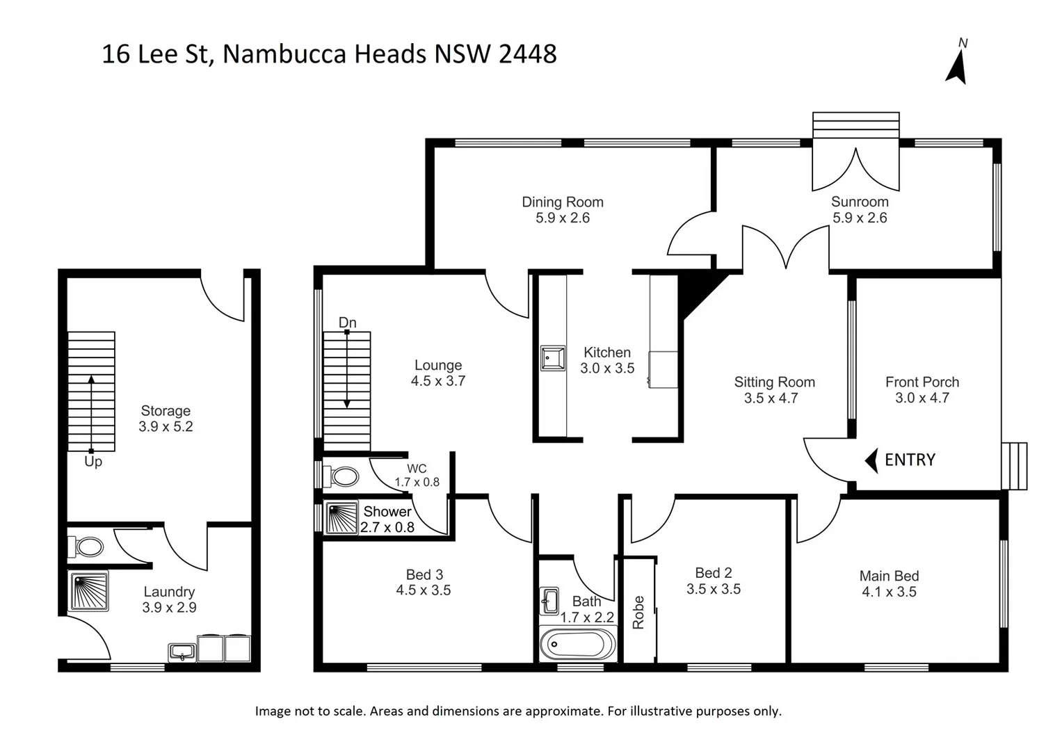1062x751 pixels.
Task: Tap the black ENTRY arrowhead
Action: tap(870, 460)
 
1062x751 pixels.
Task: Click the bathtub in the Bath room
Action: tap(577, 644)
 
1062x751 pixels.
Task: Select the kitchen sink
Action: tap(553, 358)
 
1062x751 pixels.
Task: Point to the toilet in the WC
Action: tap(343, 476)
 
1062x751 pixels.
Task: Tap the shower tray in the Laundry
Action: tap(89, 591)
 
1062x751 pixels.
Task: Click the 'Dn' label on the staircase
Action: tap(347, 323)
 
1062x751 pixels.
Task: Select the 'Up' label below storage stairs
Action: tap(93, 462)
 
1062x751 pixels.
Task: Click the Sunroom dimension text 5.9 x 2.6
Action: tap(860, 218)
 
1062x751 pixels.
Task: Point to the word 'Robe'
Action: tap(638, 612)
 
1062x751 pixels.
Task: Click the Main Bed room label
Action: tap(889, 576)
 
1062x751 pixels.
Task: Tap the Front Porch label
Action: tap(922, 382)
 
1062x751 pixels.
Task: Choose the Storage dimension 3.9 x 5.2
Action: tap(166, 426)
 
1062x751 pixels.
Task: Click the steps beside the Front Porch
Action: tap(1014, 466)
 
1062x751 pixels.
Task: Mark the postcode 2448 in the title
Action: tap(528, 54)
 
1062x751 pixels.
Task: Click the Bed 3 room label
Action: tap(424, 574)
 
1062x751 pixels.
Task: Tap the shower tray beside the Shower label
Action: tap(341, 518)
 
